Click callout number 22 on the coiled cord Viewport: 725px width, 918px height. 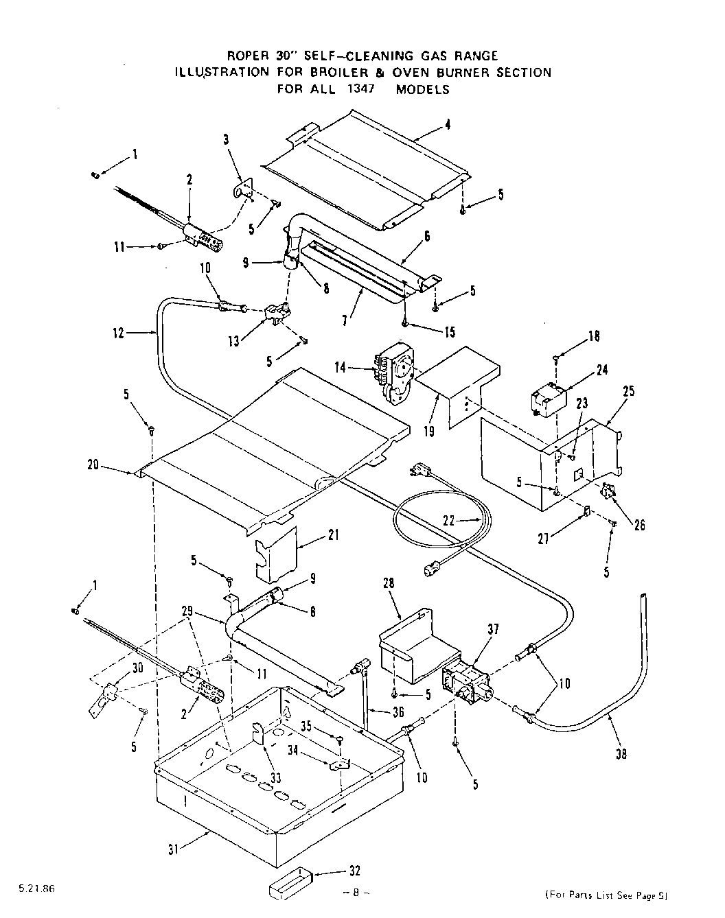coord(449,520)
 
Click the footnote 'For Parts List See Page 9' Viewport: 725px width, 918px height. coord(606,895)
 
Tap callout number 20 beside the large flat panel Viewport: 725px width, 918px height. coord(93,466)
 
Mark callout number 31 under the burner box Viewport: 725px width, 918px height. coord(174,849)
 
